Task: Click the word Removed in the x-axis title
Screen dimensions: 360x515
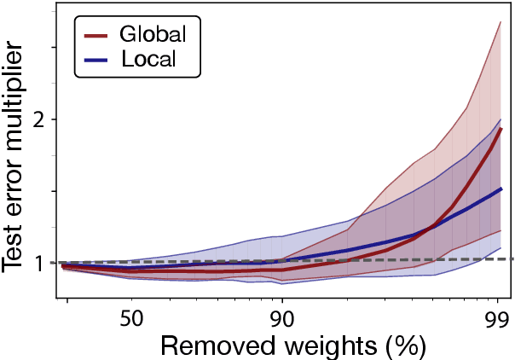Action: (x=211, y=345)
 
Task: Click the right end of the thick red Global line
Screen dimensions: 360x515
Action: (x=501, y=129)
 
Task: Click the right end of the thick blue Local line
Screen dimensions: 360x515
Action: (x=501, y=189)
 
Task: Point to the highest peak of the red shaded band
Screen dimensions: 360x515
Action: (x=500, y=22)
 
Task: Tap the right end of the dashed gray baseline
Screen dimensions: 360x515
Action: (x=512, y=258)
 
